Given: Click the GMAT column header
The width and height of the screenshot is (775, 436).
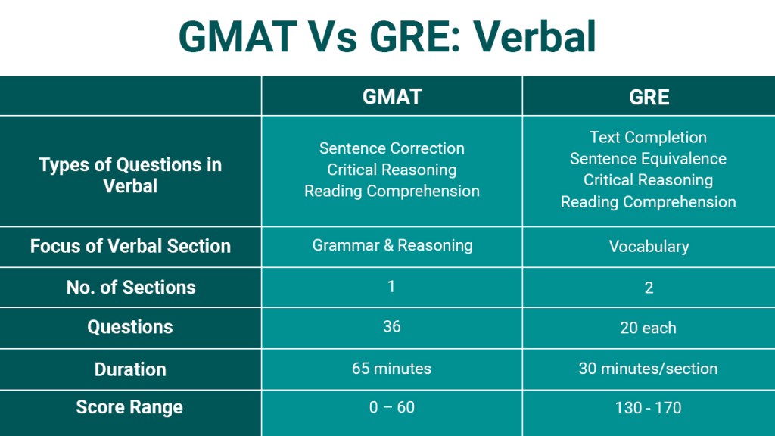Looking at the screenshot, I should [x=391, y=97].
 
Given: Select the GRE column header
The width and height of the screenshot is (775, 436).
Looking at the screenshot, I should [x=649, y=97].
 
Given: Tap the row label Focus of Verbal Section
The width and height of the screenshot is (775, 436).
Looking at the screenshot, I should [x=130, y=247].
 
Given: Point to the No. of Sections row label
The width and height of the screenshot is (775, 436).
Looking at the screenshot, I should [x=130, y=288].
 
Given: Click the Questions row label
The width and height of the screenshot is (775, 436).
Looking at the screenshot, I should [x=130, y=328].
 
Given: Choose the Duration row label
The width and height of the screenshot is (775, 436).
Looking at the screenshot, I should [x=130, y=369].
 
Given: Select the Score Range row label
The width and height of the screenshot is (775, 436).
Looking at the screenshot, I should [x=130, y=407].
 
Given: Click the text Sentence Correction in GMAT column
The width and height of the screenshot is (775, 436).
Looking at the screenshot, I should [x=391, y=148].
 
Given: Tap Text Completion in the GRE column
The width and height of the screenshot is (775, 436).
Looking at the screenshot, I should [x=648, y=137].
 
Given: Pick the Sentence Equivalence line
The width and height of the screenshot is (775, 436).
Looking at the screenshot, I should [x=648, y=159].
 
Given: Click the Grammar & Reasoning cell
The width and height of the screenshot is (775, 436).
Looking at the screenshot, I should [x=391, y=245].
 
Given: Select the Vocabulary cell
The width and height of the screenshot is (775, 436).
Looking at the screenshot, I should [x=649, y=247].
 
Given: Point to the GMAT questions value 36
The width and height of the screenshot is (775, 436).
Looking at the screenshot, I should [x=391, y=327].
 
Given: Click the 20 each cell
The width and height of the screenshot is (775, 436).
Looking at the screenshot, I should [x=649, y=328].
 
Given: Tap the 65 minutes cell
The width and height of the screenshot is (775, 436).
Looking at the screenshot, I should [x=391, y=369].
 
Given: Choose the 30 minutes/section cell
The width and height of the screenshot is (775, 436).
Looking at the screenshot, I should [x=649, y=369].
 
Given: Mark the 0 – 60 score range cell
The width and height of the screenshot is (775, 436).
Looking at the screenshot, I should [x=391, y=407].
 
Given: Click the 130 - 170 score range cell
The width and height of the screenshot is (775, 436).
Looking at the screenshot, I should [x=649, y=407].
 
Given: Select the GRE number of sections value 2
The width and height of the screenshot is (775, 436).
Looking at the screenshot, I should [x=649, y=288].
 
